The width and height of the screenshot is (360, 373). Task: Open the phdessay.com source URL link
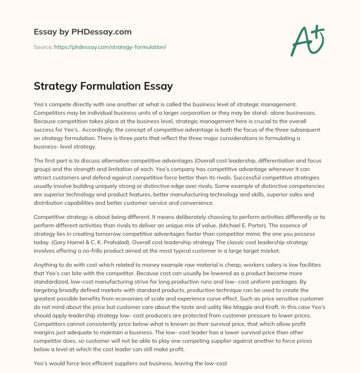click(110, 47)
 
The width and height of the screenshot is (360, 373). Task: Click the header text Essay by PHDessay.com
click(82, 32)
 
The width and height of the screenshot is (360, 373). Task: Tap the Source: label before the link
click(43, 47)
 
